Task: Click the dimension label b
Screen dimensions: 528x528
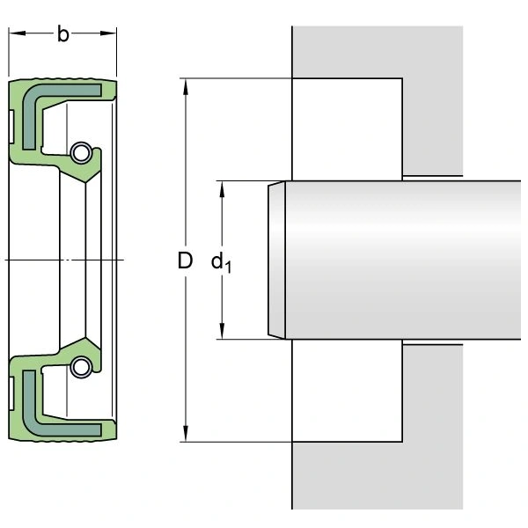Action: click(62, 34)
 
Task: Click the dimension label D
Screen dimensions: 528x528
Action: click(184, 260)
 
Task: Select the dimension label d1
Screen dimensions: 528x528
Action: click(221, 262)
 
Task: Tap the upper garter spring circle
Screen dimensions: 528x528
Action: click(81, 152)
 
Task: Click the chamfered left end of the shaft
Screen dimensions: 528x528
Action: click(275, 260)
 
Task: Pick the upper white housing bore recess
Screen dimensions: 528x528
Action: click(347, 128)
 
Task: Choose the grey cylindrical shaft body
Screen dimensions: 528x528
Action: click(405, 260)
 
